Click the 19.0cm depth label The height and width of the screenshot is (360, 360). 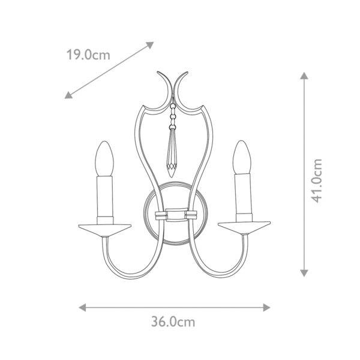[x=88, y=55]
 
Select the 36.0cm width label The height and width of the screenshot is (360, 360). [x=173, y=322]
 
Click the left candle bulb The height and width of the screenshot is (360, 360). [x=104, y=158]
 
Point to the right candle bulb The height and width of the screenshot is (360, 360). [x=242, y=157]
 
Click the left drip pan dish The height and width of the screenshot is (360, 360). [x=105, y=230]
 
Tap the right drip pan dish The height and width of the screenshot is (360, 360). [x=244, y=228]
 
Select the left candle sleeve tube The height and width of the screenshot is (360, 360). [x=105, y=200]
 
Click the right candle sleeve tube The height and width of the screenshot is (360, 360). [x=244, y=197]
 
